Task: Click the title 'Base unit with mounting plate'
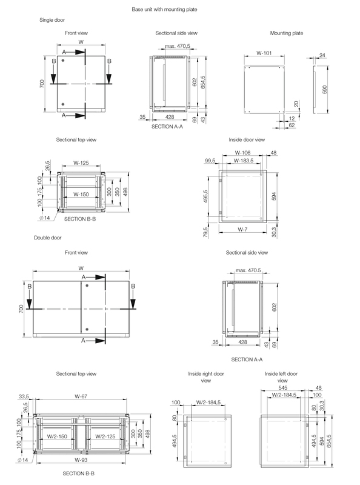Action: (x=173, y=10)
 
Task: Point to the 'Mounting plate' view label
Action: (x=286, y=33)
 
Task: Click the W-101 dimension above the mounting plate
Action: (x=264, y=53)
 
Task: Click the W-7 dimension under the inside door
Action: (x=242, y=229)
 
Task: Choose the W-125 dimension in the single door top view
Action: (x=83, y=162)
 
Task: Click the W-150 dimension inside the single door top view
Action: (x=82, y=195)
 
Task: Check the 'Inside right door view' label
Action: (x=205, y=377)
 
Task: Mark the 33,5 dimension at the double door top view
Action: (x=24, y=396)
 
